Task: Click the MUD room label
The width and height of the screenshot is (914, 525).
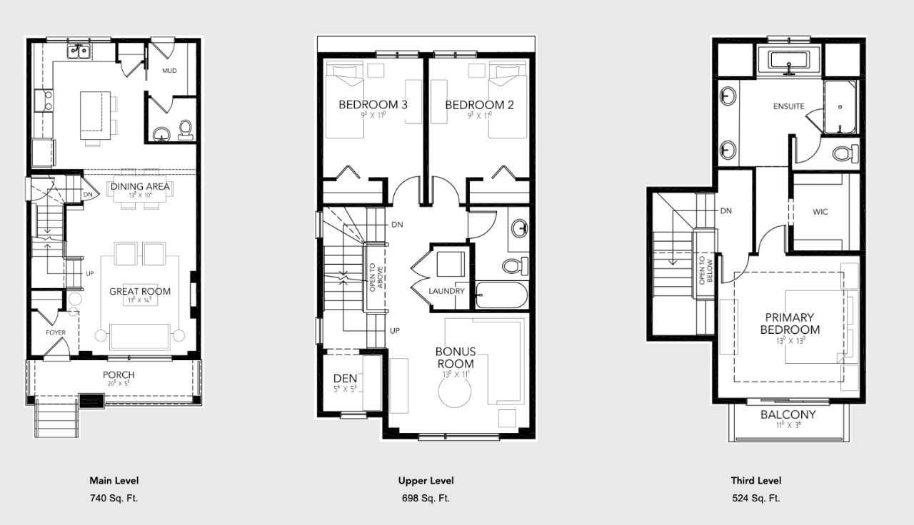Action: (169, 71)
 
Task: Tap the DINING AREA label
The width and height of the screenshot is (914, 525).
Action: (140, 187)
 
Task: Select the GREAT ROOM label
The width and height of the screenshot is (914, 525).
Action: (140, 291)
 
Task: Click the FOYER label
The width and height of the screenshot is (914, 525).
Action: (56, 332)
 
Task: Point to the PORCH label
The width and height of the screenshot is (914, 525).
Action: (119, 375)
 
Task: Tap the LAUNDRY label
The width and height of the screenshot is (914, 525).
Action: (447, 291)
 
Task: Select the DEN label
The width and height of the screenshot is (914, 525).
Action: (345, 379)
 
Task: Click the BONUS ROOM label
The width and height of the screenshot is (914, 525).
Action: (455, 357)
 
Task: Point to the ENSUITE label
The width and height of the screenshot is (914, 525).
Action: (789, 106)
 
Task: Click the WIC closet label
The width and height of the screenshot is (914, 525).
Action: (820, 212)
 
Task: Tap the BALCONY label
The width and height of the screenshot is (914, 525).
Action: (788, 414)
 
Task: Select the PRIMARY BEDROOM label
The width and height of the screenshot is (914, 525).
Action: (790, 323)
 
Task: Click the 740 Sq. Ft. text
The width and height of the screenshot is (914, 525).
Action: (114, 499)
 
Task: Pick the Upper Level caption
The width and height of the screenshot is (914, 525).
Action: (426, 481)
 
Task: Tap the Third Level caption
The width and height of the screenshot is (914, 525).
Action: (756, 481)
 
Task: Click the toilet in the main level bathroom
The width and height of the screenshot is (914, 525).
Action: (186, 130)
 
